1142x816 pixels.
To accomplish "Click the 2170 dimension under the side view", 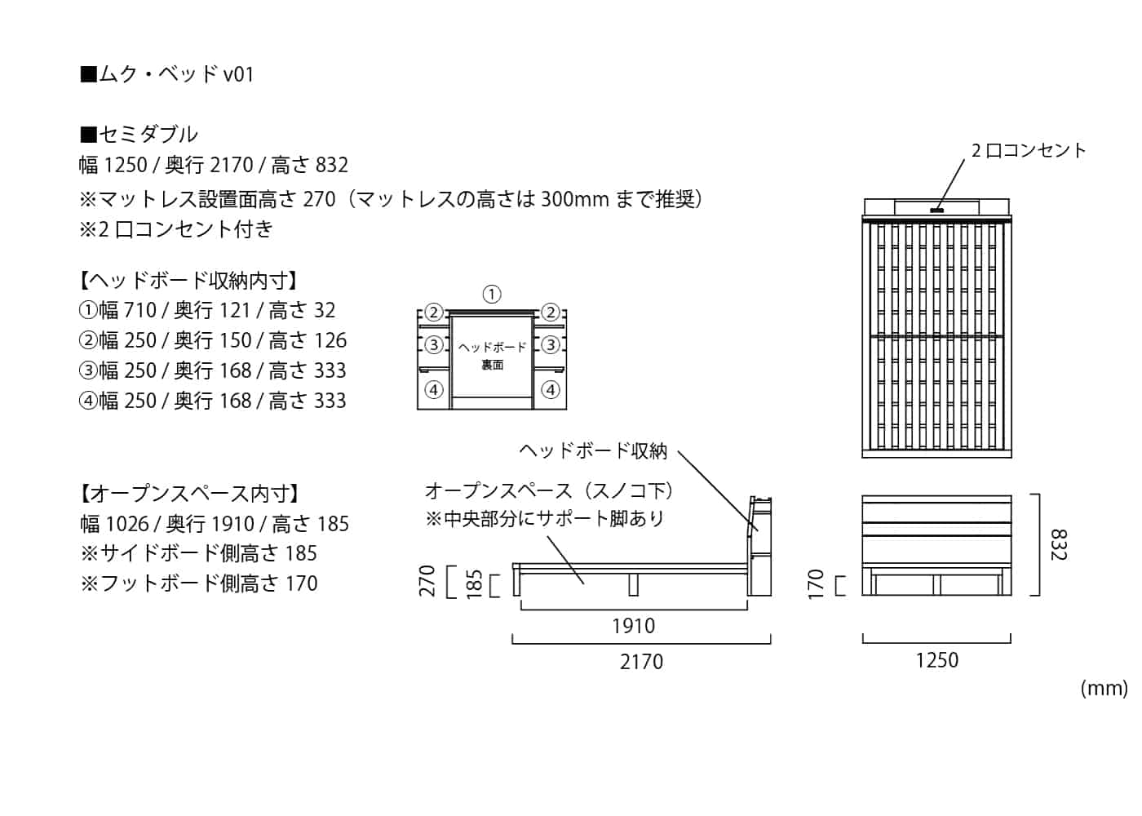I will pos(641,662).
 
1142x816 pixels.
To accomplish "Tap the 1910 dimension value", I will pos(633,626).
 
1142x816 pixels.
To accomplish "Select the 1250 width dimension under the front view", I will pos(936,660).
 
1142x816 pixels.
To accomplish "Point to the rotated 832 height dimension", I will pos(1058,544).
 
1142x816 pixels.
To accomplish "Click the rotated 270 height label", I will pos(428,581).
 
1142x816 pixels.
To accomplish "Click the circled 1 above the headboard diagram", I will pos(491,295).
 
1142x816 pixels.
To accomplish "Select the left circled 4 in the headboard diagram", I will pos(434,390).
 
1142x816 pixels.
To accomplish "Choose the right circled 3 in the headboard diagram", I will pos(551,345).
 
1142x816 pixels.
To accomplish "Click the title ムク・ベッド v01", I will pos(167,74).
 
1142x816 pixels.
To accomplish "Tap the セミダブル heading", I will pos(139,134).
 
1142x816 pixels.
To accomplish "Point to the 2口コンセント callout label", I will pos(1029,150).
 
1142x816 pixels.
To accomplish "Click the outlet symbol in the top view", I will pos(936,211).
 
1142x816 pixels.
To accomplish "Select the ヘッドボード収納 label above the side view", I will pos(593,450).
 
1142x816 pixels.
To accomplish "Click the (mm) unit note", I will pos(1104,688).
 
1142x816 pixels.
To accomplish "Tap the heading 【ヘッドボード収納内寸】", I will pos(188,281).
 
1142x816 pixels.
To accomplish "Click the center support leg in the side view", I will pos(633,583).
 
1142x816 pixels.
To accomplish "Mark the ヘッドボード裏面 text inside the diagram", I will pos(492,356).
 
